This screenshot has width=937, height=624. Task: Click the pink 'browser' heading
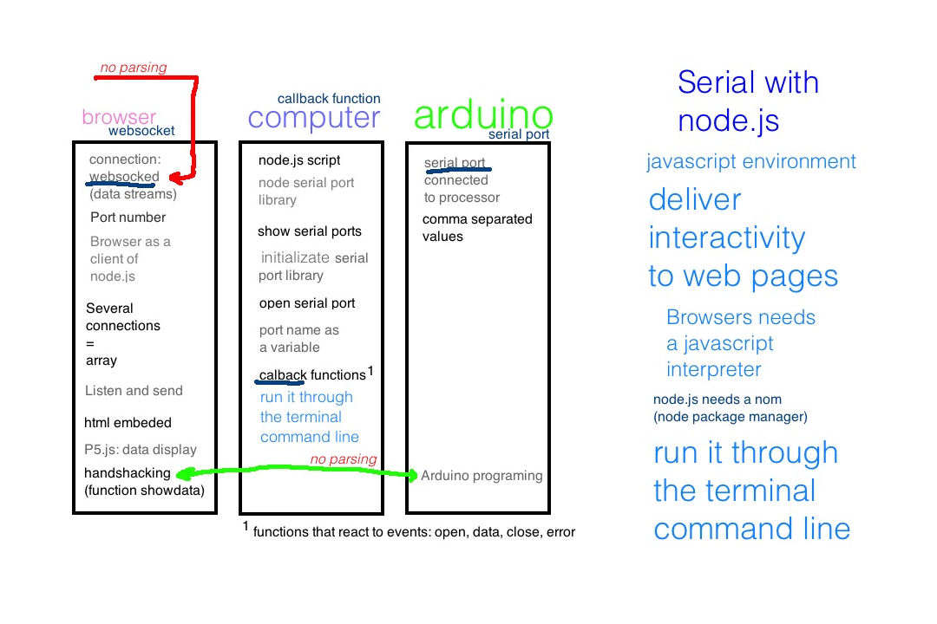pyautogui.click(x=119, y=117)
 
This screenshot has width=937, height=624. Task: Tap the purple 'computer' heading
pyautogui.click(x=314, y=118)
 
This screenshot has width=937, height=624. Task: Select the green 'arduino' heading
pyautogui.click(x=483, y=115)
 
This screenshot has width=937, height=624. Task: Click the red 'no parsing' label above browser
pyautogui.click(x=134, y=68)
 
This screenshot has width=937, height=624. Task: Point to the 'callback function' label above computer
pyautogui.click(x=329, y=99)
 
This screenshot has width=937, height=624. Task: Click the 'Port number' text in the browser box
pyautogui.click(x=128, y=218)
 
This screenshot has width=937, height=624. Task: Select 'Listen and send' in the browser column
pyautogui.click(x=134, y=391)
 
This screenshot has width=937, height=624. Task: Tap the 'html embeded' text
pyautogui.click(x=128, y=423)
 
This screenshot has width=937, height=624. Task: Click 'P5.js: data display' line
pyautogui.click(x=141, y=450)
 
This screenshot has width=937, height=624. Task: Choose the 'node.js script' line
pyautogui.click(x=299, y=160)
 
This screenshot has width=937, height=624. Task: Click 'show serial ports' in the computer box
pyautogui.click(x=310, y=231)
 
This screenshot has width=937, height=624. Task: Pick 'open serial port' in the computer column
pyautogui.click(x=307, y=303)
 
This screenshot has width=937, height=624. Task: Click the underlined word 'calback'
pyautogui.click(x=283, y=375)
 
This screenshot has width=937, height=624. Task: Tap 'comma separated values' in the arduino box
pyautogui.click(x=477, y=228)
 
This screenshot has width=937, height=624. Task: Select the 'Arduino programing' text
pyautogui.click(x=482, y=476)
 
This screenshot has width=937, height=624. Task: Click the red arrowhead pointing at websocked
pyautogui.click(x=174, y=179)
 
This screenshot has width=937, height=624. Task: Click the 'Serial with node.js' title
pyautogui.click(x=748, y=101)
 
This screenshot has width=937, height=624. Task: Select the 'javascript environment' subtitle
pyautogui.click(x=751, y=162)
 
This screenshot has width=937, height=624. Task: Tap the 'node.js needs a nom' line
pyautogui.click(x=717, y=400)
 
